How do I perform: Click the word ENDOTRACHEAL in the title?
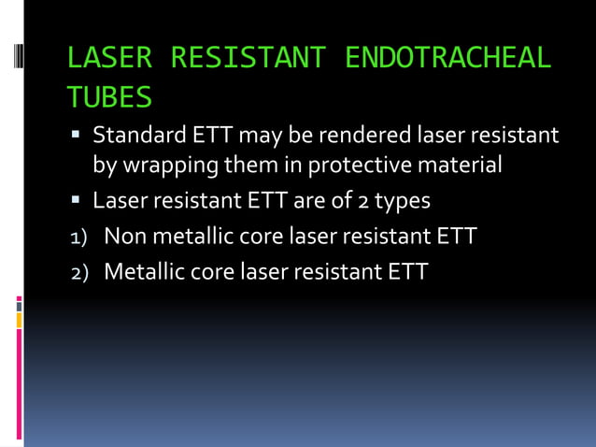447,58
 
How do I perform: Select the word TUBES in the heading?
109,96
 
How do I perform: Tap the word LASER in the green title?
109,58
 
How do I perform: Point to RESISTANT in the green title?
247,58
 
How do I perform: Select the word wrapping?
167,166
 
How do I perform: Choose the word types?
399,201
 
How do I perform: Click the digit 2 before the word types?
356,201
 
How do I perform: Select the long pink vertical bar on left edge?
19,383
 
